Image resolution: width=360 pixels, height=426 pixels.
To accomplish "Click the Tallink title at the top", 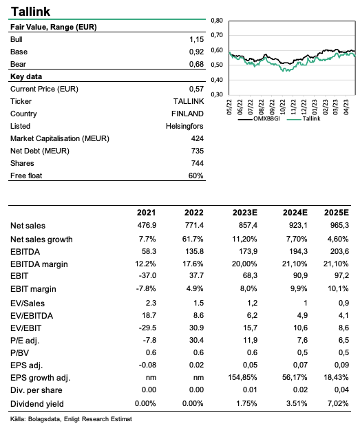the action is point(30,12).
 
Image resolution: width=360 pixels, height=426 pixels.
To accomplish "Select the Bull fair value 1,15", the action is point(196,40).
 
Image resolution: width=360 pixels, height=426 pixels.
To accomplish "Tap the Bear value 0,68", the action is point(196,65).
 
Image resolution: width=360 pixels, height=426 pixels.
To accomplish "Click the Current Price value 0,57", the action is point(196,89).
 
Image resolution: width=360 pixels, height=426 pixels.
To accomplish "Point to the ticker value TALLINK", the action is point(189,101).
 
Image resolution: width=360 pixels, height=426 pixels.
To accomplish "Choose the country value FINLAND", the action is point(187,114).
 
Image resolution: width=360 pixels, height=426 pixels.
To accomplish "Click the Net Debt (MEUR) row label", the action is point(40,151).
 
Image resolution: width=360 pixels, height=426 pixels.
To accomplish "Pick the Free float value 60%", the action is point(196,175).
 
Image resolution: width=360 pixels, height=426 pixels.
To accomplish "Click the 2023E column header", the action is point(244,213).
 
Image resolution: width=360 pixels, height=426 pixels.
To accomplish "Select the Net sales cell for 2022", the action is point(194,225).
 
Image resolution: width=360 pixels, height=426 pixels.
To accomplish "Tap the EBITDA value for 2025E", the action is point(339,252).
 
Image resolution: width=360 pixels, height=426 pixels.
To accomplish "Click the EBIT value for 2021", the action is point(147,275).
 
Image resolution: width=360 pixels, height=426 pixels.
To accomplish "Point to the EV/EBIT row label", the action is point(25,328).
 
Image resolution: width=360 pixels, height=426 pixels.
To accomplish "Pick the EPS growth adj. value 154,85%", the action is point(242,377).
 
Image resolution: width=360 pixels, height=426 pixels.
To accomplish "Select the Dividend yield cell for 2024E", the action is point(297,403).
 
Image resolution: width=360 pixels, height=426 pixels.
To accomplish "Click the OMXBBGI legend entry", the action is point(259,119).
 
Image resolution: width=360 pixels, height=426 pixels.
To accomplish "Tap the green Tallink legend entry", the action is point(304,119).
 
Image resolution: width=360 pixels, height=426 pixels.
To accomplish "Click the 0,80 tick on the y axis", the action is point(217,21).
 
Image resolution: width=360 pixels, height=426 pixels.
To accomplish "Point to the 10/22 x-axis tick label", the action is point(283,107).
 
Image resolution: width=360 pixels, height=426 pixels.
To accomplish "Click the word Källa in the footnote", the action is point(18,419).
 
